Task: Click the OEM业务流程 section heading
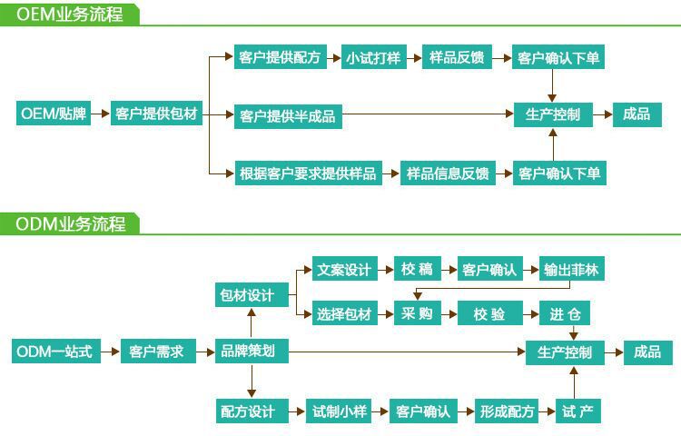coord(69,15)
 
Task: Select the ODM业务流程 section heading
coord(70,223)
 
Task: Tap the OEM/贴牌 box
coord(54,114)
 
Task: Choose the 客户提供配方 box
coord(280,57)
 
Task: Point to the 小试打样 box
coord(372,57)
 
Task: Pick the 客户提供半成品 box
coord(287,116)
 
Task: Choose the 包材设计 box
coord(246,295)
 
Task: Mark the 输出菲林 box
coord(571,270)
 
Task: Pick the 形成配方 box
coord(507,411)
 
